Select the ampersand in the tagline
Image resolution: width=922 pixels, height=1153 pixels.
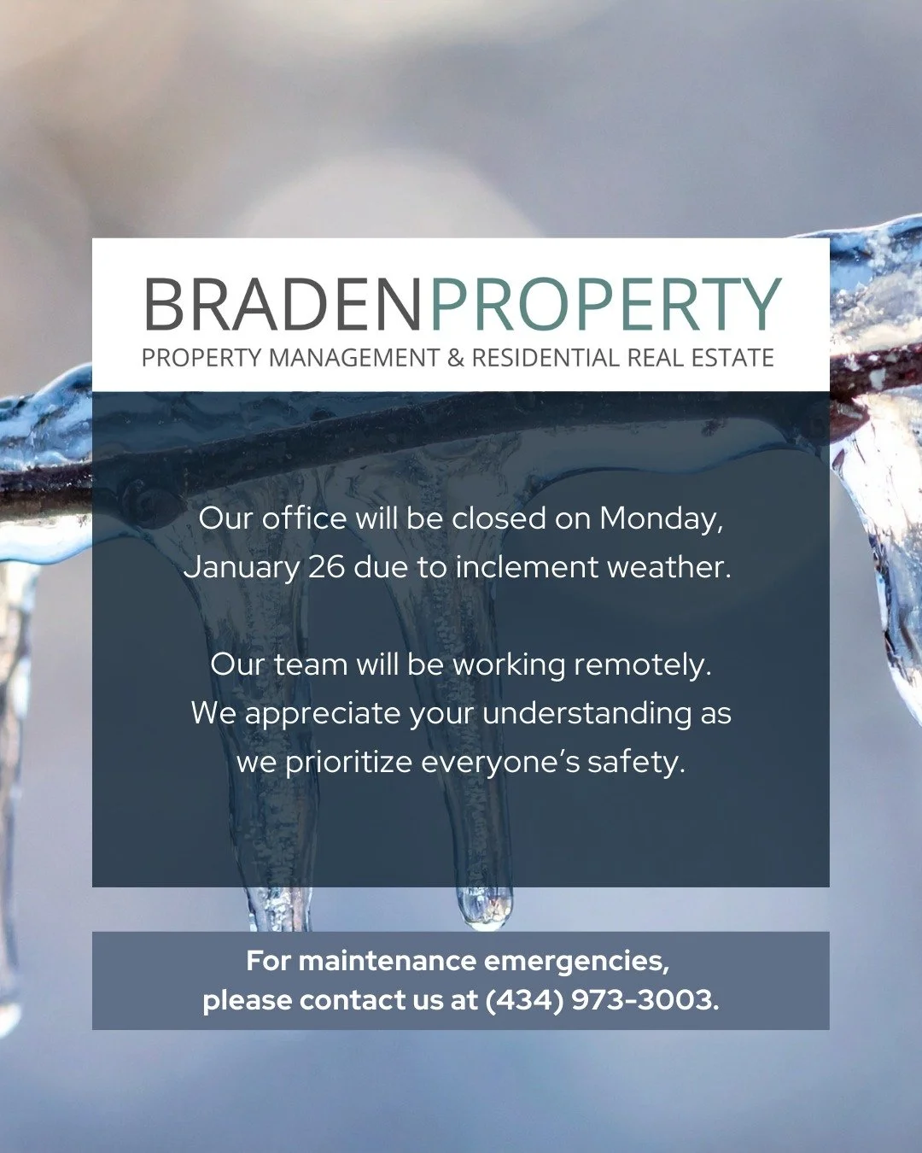[456, 358]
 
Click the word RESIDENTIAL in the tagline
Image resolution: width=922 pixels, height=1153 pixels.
[546, 358]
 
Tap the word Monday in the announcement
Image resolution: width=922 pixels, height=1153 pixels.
[661, 518]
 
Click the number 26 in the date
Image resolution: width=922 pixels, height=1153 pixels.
[325, 567]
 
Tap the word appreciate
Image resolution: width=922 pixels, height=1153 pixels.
[322, 713]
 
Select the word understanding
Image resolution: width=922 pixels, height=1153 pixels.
[586, 713]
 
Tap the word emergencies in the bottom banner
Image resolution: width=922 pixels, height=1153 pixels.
[576, 961]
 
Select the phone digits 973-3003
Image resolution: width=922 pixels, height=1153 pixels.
[645, 999]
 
